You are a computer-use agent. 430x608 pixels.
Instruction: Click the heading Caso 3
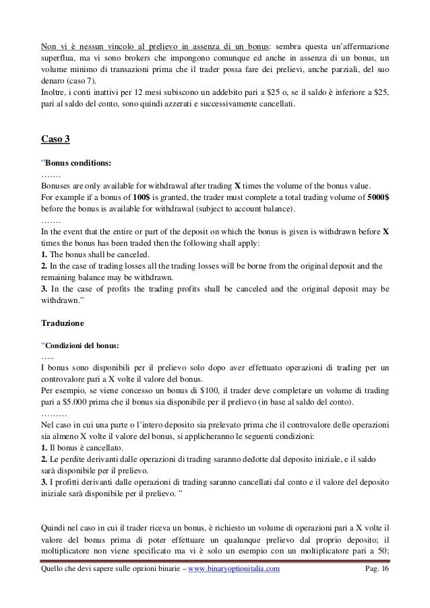55,141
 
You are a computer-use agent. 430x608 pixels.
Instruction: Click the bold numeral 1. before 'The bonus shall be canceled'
45,254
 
